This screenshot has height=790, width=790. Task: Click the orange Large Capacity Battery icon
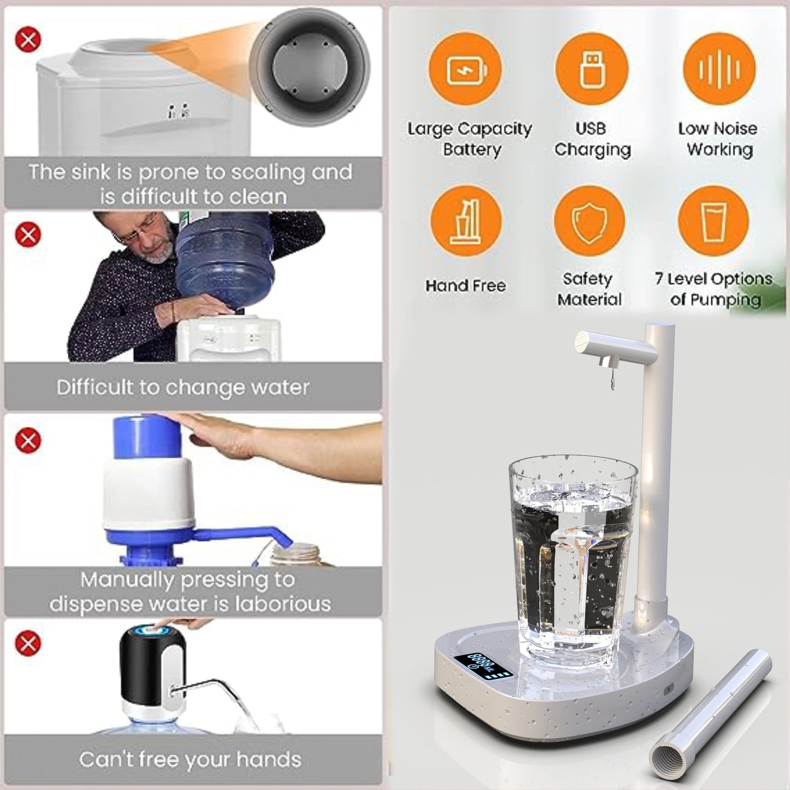(x=465, y=69)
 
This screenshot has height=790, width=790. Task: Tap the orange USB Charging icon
(x=592, y=69)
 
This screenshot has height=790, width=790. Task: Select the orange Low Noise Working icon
(x=719, y=69)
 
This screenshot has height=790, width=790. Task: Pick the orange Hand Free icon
(x=465, y=221)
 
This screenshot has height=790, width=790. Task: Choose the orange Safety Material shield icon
(x=589, y=221)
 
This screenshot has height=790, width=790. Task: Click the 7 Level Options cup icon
(x=713, y=221)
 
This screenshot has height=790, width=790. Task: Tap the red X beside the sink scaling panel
(x=28, y=39)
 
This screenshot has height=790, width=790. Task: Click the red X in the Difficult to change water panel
(x=28, y=235)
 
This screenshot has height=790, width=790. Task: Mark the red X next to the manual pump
(x=28, y=440)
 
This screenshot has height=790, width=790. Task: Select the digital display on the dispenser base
(x=481, y=662)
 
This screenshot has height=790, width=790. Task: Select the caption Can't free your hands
(x=190, y=759)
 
